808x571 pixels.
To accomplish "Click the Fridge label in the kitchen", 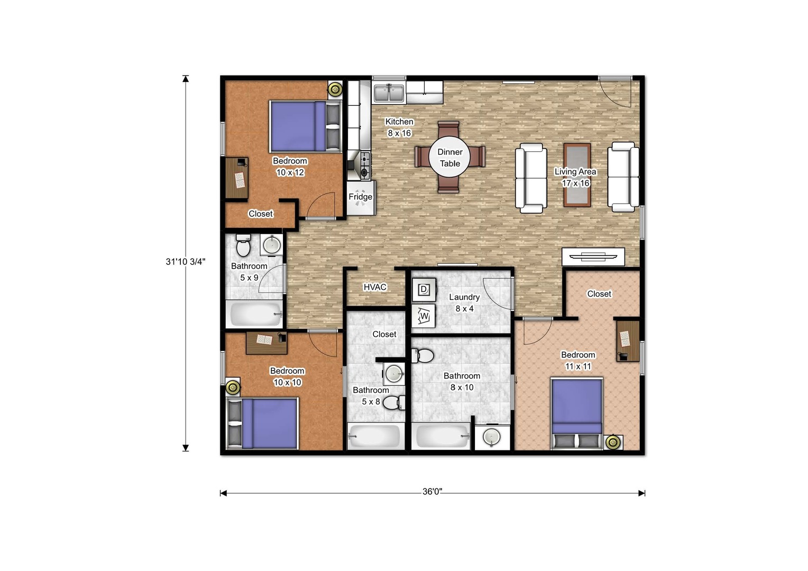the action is [360, 197].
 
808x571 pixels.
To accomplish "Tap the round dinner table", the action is [449, 158].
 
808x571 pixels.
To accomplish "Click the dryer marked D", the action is [424, 289].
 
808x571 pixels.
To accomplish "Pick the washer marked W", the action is [424, 316].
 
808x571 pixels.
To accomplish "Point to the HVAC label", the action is [375, 287].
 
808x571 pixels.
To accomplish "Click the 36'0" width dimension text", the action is [432, 492].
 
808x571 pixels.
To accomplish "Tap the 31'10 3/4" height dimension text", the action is [186, 262].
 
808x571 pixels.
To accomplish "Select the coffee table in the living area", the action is [577, 175].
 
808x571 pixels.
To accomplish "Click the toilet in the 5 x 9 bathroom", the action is [243, 245].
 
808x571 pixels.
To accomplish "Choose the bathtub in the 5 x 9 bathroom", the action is [255, 314].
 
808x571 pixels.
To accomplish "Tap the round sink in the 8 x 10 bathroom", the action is [491, 438].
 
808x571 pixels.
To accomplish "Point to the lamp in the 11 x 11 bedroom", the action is [612, 442].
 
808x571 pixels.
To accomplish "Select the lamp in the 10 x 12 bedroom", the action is [335, 89].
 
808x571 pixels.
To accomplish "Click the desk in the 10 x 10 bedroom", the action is [266, 343].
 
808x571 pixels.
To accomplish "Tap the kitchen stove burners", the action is [365, 166].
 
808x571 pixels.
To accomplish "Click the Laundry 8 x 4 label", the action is [464, 303].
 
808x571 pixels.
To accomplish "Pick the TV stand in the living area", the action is [593, 256].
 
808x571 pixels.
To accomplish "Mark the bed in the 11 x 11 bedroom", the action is [577, 413].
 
